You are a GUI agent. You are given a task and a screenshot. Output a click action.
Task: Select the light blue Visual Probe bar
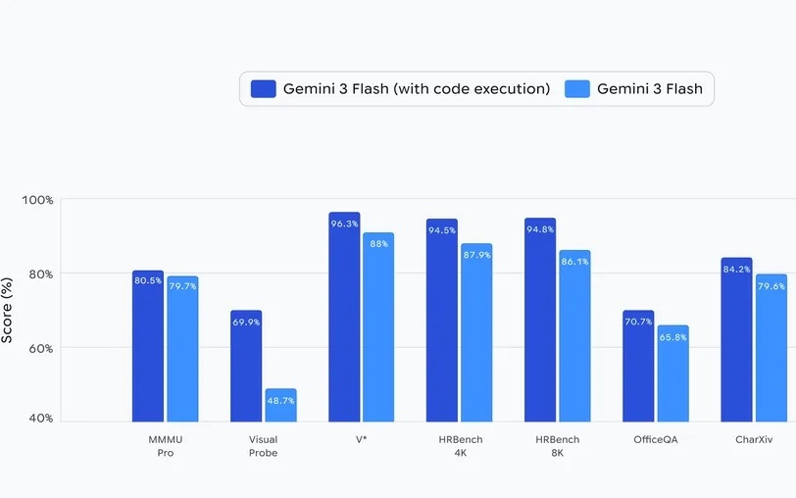280,405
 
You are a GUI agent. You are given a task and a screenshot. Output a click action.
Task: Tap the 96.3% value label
344,224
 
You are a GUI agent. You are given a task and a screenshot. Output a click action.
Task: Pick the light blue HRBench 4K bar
476,332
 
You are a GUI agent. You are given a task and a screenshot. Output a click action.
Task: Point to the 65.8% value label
673,337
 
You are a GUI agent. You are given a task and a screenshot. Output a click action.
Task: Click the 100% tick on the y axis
38,200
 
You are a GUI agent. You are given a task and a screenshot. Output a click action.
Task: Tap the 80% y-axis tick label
40,274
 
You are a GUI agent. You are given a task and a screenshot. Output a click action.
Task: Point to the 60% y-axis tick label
40,348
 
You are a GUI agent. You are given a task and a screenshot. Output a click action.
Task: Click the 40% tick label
40,419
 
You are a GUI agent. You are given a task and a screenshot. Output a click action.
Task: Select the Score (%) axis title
8,309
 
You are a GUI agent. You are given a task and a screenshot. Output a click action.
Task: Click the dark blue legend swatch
264,89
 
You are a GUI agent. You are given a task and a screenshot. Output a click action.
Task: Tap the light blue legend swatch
577,89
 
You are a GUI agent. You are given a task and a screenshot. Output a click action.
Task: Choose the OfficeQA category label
656,439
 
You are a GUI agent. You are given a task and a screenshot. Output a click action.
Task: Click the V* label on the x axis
362,439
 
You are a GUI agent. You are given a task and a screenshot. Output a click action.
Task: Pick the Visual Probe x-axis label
263,446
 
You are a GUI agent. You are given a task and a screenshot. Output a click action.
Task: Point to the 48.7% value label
280,401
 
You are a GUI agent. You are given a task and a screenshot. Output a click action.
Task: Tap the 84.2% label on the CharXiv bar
736,269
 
